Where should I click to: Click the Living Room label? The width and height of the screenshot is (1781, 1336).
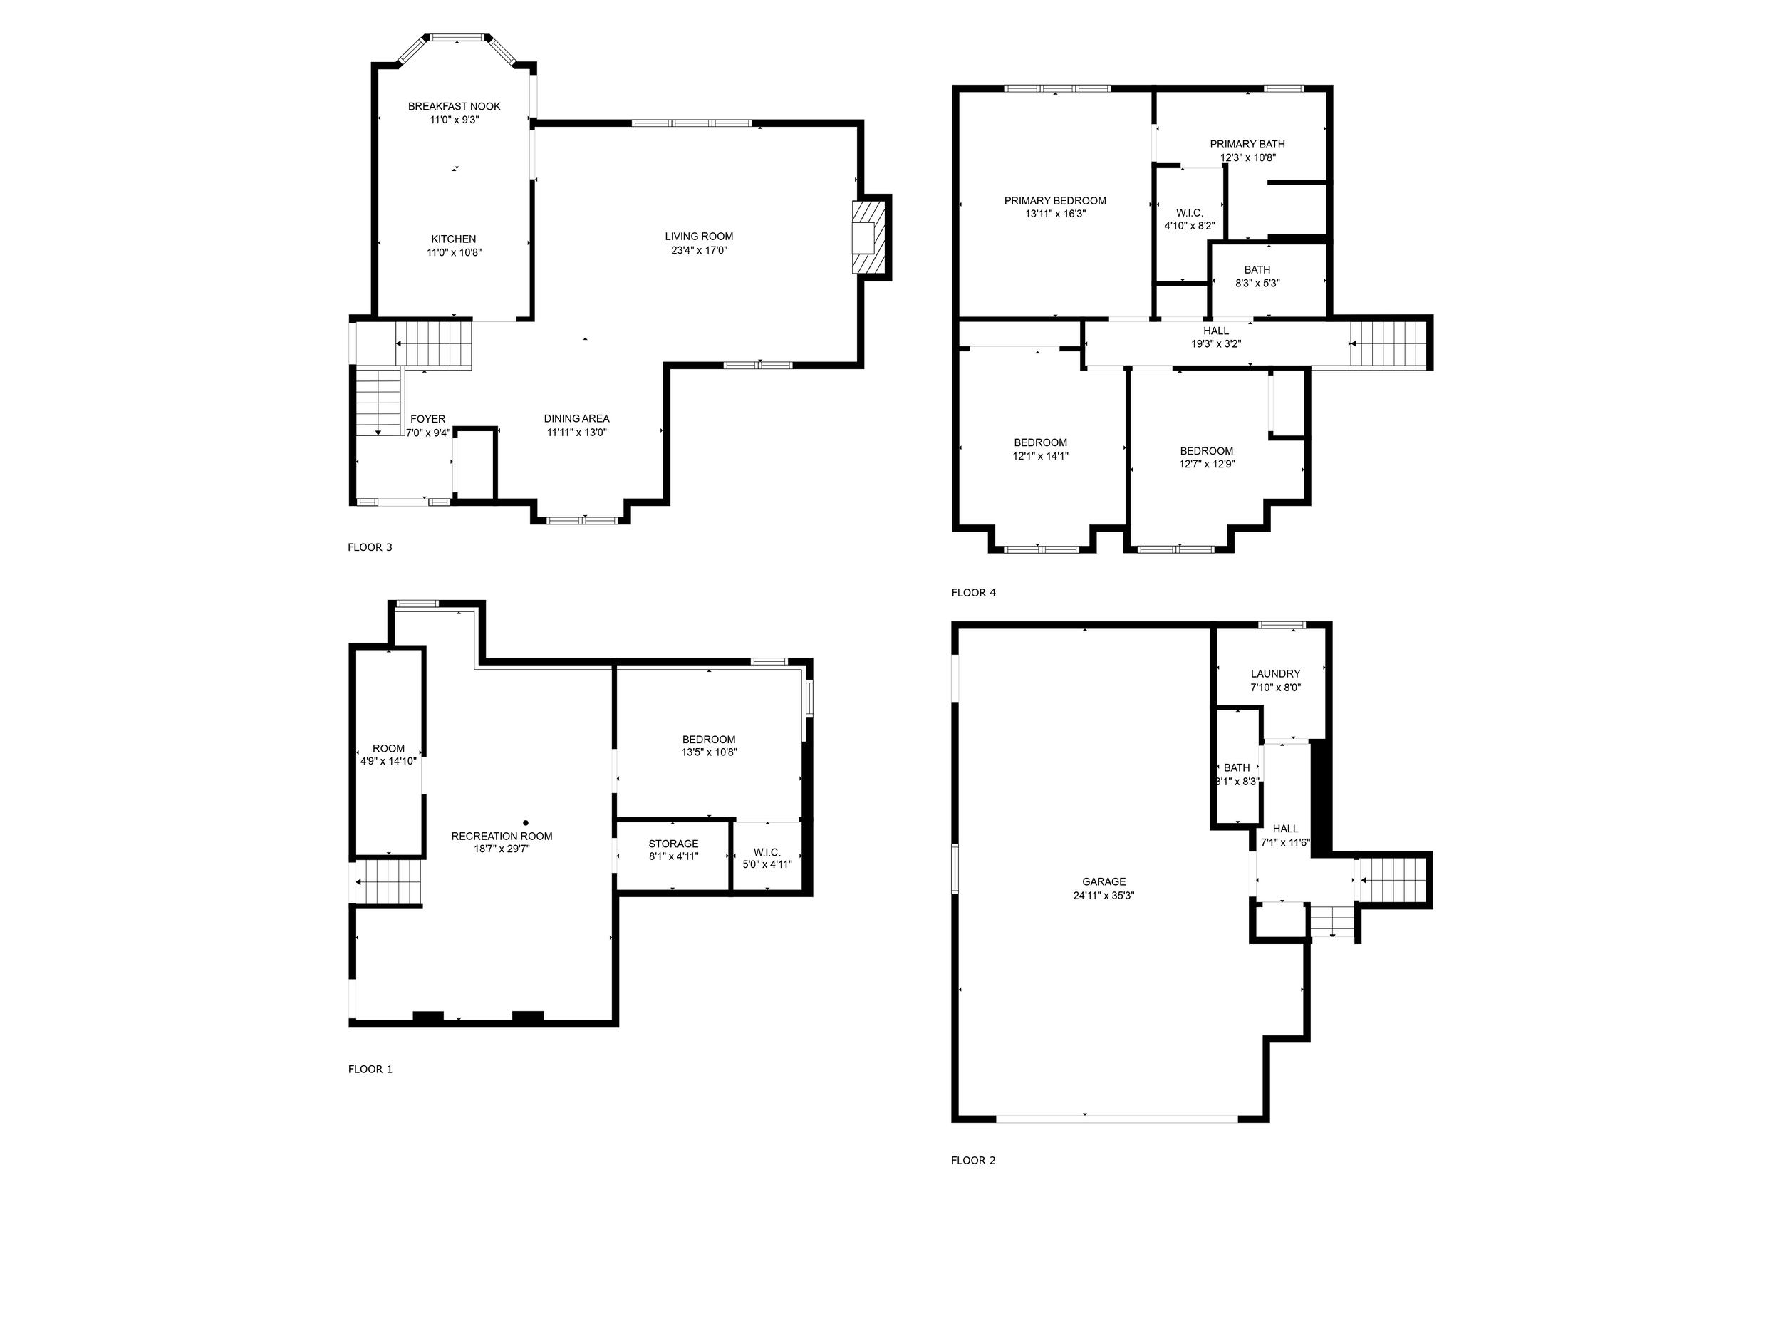(699, 237)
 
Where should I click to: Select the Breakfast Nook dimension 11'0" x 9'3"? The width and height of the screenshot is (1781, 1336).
(454, 120)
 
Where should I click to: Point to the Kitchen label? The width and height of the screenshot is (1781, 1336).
(453, 239)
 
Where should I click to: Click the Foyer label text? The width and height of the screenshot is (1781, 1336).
(427, 419)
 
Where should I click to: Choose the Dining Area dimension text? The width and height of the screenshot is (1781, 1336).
(576, 433)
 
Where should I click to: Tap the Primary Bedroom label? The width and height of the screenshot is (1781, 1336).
(1055, 200)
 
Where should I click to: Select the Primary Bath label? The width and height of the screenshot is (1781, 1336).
(1247, 144)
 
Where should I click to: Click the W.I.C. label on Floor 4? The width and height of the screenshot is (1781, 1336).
(1189, 212)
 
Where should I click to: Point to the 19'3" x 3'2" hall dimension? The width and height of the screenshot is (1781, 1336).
(1216, 344)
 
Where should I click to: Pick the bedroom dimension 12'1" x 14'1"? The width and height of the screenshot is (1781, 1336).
(1040, 456)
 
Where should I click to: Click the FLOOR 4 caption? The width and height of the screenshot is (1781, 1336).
(973, 593)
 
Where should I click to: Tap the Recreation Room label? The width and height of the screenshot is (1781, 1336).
(502, 836)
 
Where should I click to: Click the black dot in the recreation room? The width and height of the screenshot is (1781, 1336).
(526, 823)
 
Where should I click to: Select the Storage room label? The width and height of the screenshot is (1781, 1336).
(673, 844)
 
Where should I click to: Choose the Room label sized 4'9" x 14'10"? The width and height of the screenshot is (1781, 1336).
(388, 748)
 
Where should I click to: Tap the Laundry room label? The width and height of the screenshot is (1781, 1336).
(1275, 674)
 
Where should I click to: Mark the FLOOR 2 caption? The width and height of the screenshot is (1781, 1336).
(972, 1161)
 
